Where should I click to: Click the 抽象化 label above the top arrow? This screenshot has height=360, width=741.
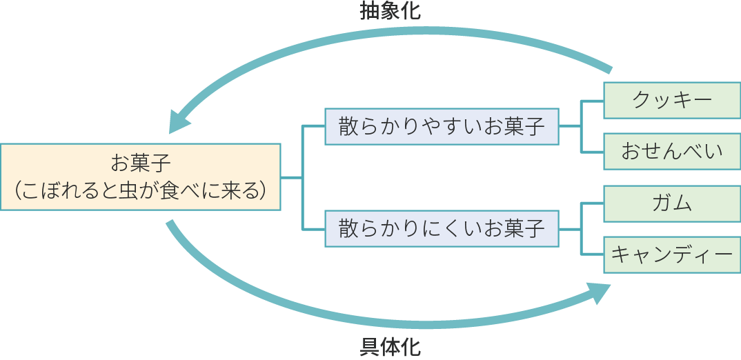tap(390, 12)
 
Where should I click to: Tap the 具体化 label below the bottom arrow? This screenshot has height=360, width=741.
tap(390, 347)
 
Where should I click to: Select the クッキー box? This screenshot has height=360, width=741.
tap(672, 100)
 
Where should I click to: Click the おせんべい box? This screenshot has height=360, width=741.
tap(672, 151)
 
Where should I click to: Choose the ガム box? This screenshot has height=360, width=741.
tap(672, 203)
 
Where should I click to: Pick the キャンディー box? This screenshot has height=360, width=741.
tap(672, 255)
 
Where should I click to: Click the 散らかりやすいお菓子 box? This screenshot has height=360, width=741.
tap(442, 126)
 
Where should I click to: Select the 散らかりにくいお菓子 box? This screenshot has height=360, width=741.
tap(442, 228)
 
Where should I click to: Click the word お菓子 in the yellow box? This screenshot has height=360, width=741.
tap(141, 163)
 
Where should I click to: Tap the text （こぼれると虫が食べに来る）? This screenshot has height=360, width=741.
tap(141, 190)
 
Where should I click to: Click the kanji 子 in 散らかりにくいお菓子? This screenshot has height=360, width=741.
tap(535, 228)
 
